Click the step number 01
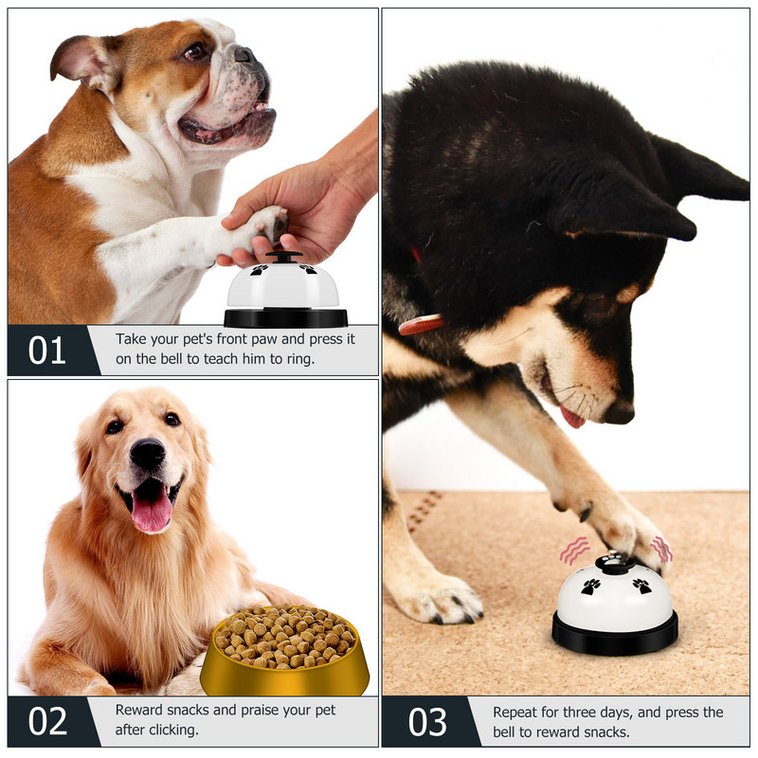[x=46, y=351]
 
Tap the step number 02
[x=47, y=721]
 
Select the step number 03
[x=427, y=722]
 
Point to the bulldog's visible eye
[x=196, y=51]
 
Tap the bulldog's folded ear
[x=80, y=62]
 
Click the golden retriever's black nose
[x=147, y=454]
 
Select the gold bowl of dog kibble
[x=285, y=650]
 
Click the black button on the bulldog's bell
[x=283, y=256]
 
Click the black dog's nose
[x=620, y=413]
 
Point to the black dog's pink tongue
[x=572, y=417]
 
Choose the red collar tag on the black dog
[x=421, y=324]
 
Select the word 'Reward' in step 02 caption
[x=137, y=710]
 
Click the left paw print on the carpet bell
[x=590, y=587]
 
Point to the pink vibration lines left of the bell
[x=574, y=550]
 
